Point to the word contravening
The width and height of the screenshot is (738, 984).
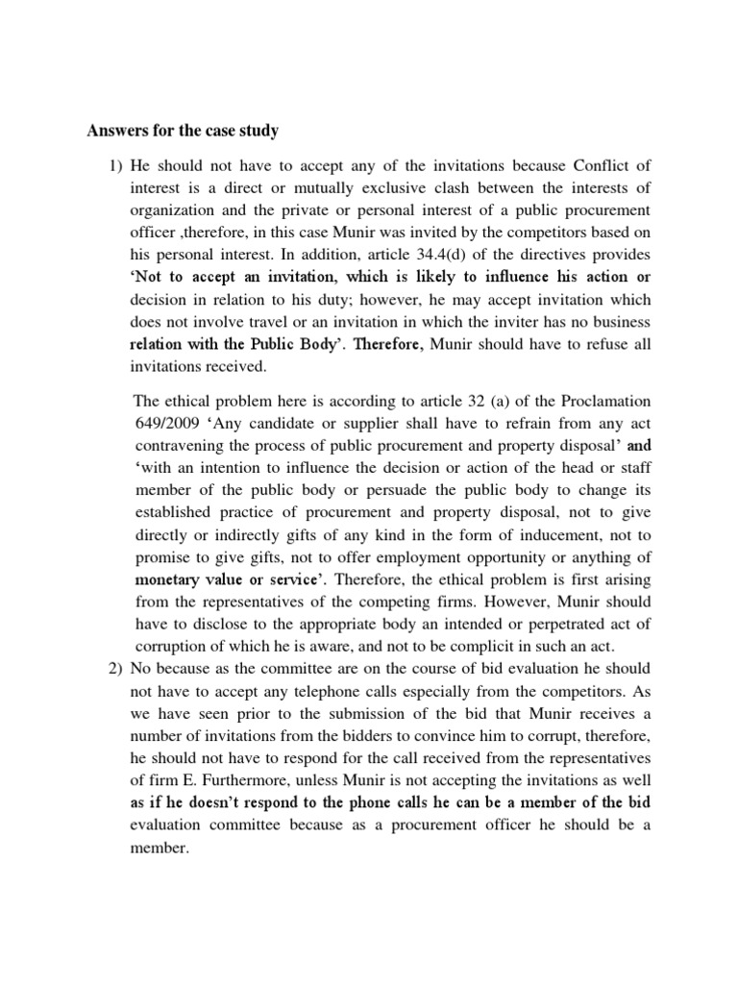coord(180,447)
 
